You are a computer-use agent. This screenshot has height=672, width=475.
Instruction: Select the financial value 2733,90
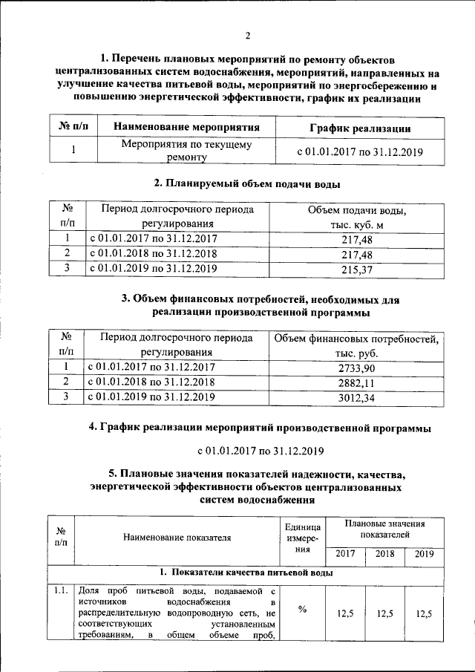pos(356,368)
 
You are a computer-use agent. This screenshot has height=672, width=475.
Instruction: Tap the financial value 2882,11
pos(356,383)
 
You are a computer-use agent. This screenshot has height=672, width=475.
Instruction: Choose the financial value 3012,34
pos(356,398)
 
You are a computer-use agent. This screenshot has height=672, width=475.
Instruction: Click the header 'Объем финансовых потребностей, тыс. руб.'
pos(356,346)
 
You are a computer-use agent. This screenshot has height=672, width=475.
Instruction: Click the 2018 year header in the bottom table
pos(384,554)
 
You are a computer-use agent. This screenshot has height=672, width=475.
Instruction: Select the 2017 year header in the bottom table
pos(345,554)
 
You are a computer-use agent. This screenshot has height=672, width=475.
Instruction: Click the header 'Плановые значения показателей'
pos(384,529)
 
